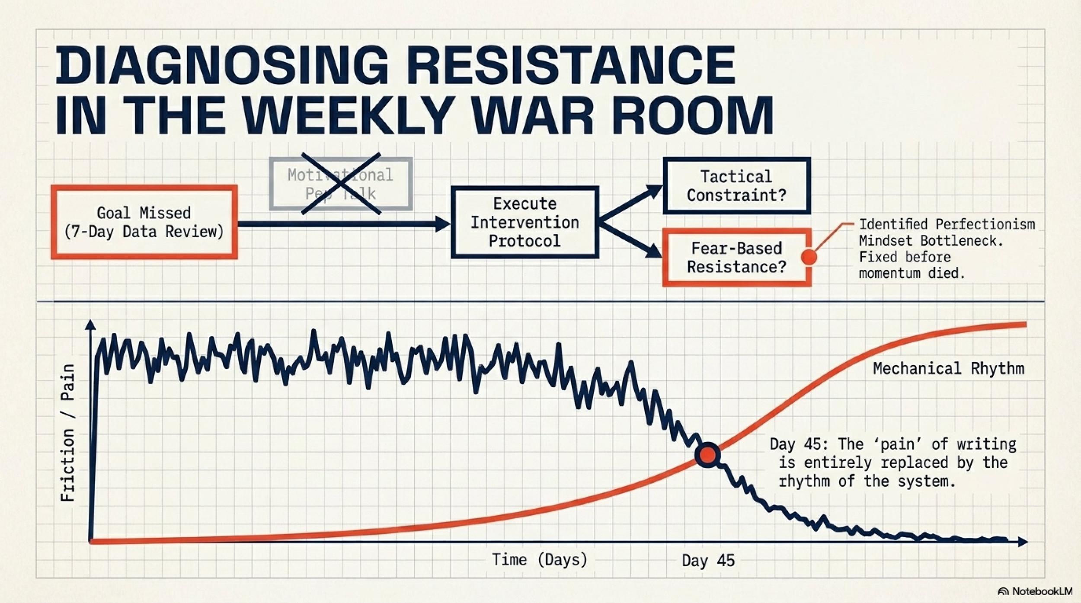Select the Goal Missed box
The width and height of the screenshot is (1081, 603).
click(x=144, y=222)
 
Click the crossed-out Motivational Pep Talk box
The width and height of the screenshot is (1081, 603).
click(x=341, y=184)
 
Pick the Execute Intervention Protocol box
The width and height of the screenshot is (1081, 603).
click(x=525, y=222)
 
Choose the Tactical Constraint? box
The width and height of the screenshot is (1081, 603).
click(x=736, y=185)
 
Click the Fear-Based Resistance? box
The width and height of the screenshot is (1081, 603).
click(x=736, y=258)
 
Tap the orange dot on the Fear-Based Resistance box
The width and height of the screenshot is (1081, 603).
click(x=809, y=257)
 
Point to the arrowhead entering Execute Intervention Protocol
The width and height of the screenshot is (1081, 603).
click(x=443, y=223)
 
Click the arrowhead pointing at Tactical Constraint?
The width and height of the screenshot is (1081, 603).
click(x=655, y=191)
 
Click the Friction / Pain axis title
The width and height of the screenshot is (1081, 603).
click(x=68, y=432)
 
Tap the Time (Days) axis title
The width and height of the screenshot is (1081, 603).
click(x=540, y=560)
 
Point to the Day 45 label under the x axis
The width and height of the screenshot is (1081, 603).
click(x=708, y=561)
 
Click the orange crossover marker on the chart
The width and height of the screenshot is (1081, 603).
click(x=707, y=455)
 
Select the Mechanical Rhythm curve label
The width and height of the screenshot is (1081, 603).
click(x=948, y=369)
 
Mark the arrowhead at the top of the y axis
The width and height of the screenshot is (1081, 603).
click(x=90, y=325)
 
